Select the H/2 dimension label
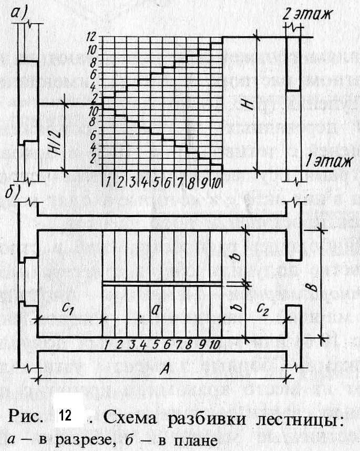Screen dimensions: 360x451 coord(52,138)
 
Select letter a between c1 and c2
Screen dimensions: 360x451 coord(156,310)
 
